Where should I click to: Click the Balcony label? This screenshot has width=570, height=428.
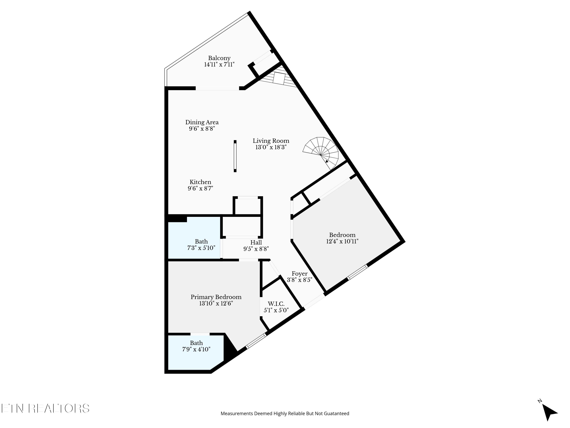pos(219,58)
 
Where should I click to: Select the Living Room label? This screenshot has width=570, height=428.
pos(271,141)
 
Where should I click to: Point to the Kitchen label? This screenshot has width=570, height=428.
pos(200,182)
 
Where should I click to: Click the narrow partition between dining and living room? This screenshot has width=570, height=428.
pos(235,156)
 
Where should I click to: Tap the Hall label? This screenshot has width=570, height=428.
pos(256,243)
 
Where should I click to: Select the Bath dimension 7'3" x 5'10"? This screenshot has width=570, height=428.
pos(201,248)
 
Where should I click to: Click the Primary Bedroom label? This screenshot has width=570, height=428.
pos(216,297)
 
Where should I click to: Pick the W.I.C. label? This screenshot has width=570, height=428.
pos(276,304)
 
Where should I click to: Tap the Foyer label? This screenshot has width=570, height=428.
pos(299,274)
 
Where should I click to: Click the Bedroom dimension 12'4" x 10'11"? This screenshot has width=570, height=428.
pos(342,241)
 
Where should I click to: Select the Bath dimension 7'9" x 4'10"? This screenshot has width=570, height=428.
pos(196,349)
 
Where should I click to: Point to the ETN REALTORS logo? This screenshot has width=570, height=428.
pos(45,408)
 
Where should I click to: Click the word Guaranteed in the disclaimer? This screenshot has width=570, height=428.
pos(338,414)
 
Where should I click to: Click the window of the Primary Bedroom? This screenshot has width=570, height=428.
pos(256,341)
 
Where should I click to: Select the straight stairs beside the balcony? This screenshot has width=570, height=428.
pos(280,78)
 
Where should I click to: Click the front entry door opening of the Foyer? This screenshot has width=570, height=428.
pos(314,301)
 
